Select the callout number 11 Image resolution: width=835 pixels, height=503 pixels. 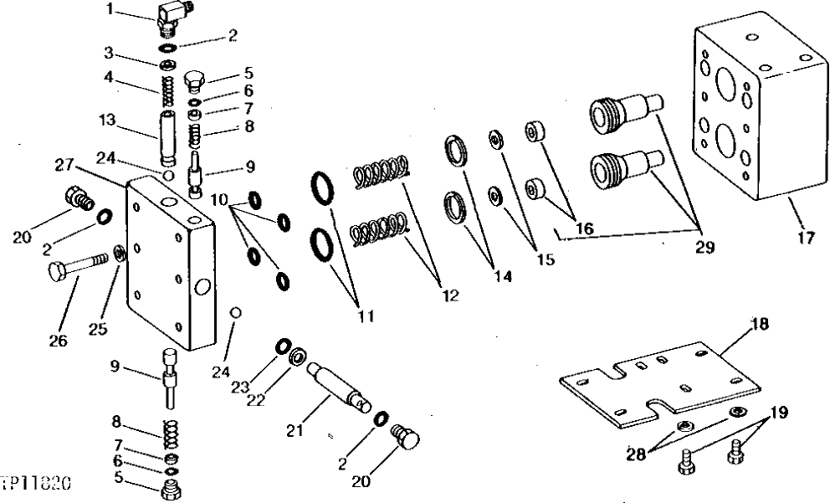(365, 316)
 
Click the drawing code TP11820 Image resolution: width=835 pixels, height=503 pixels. (35, 483)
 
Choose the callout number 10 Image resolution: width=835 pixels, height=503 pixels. (218, 200)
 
